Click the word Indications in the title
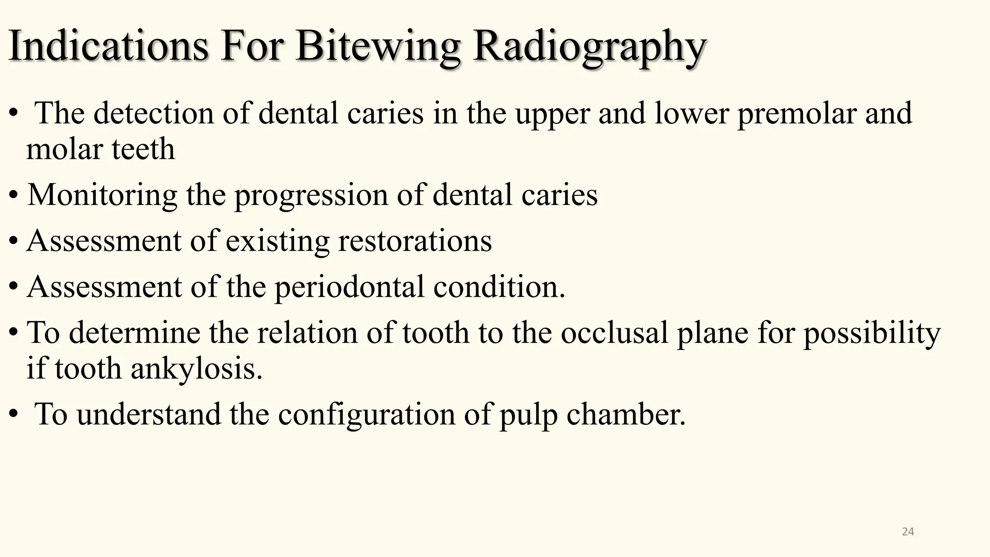[108, 46]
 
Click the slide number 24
[908, 532]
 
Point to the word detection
[153, 113]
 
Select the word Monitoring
[102, 195]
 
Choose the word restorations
[415, 240]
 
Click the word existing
[277, 241]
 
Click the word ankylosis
[196, 369]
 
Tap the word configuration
[366, 415]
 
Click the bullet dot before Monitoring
[14, 196]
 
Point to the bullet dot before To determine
[14, 333]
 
